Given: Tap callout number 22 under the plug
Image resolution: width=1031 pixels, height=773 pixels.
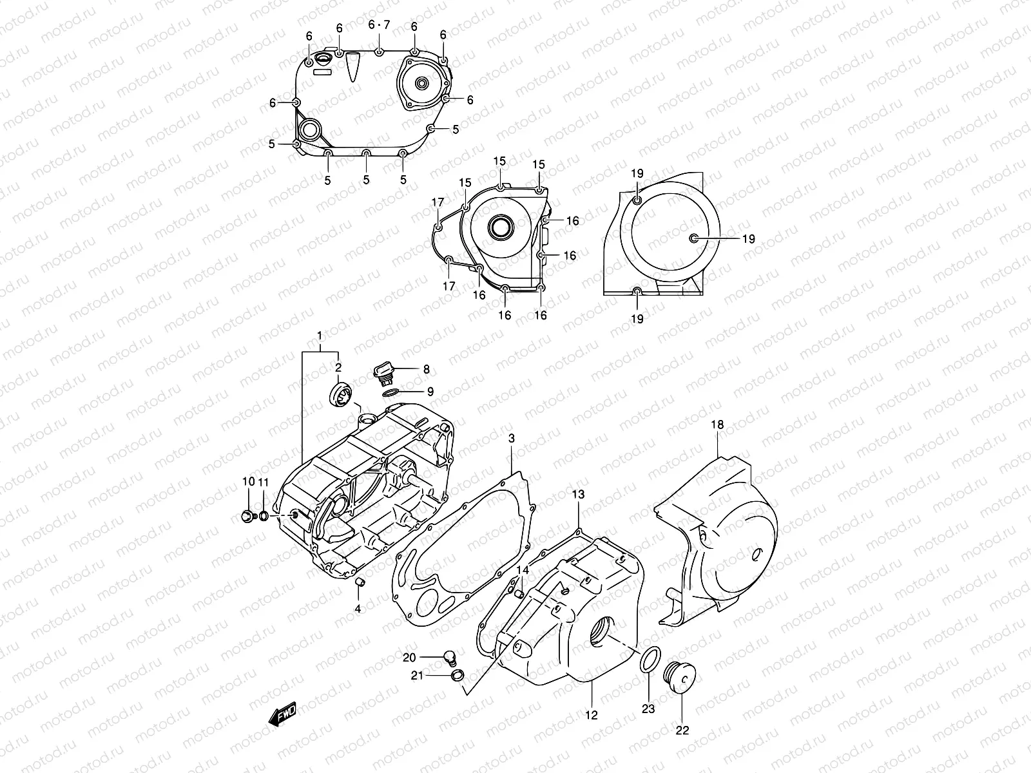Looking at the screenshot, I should pos(682,730).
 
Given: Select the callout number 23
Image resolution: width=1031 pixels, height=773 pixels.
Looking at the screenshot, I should pos(648,709).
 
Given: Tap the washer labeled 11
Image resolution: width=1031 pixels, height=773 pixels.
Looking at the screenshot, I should pos(264,516).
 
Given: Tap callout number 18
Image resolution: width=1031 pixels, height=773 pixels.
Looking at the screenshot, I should pos(718,425).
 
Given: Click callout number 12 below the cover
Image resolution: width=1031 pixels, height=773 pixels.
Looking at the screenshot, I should pos(592,715).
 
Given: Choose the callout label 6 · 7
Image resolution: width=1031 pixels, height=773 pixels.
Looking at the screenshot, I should pos(379,25).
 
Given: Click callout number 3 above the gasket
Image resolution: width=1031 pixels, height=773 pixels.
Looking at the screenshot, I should pos(511,439).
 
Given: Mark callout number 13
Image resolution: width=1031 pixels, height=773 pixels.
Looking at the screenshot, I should pos(578,495).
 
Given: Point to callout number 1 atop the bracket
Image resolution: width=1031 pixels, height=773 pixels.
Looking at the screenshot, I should pos(319,336).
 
